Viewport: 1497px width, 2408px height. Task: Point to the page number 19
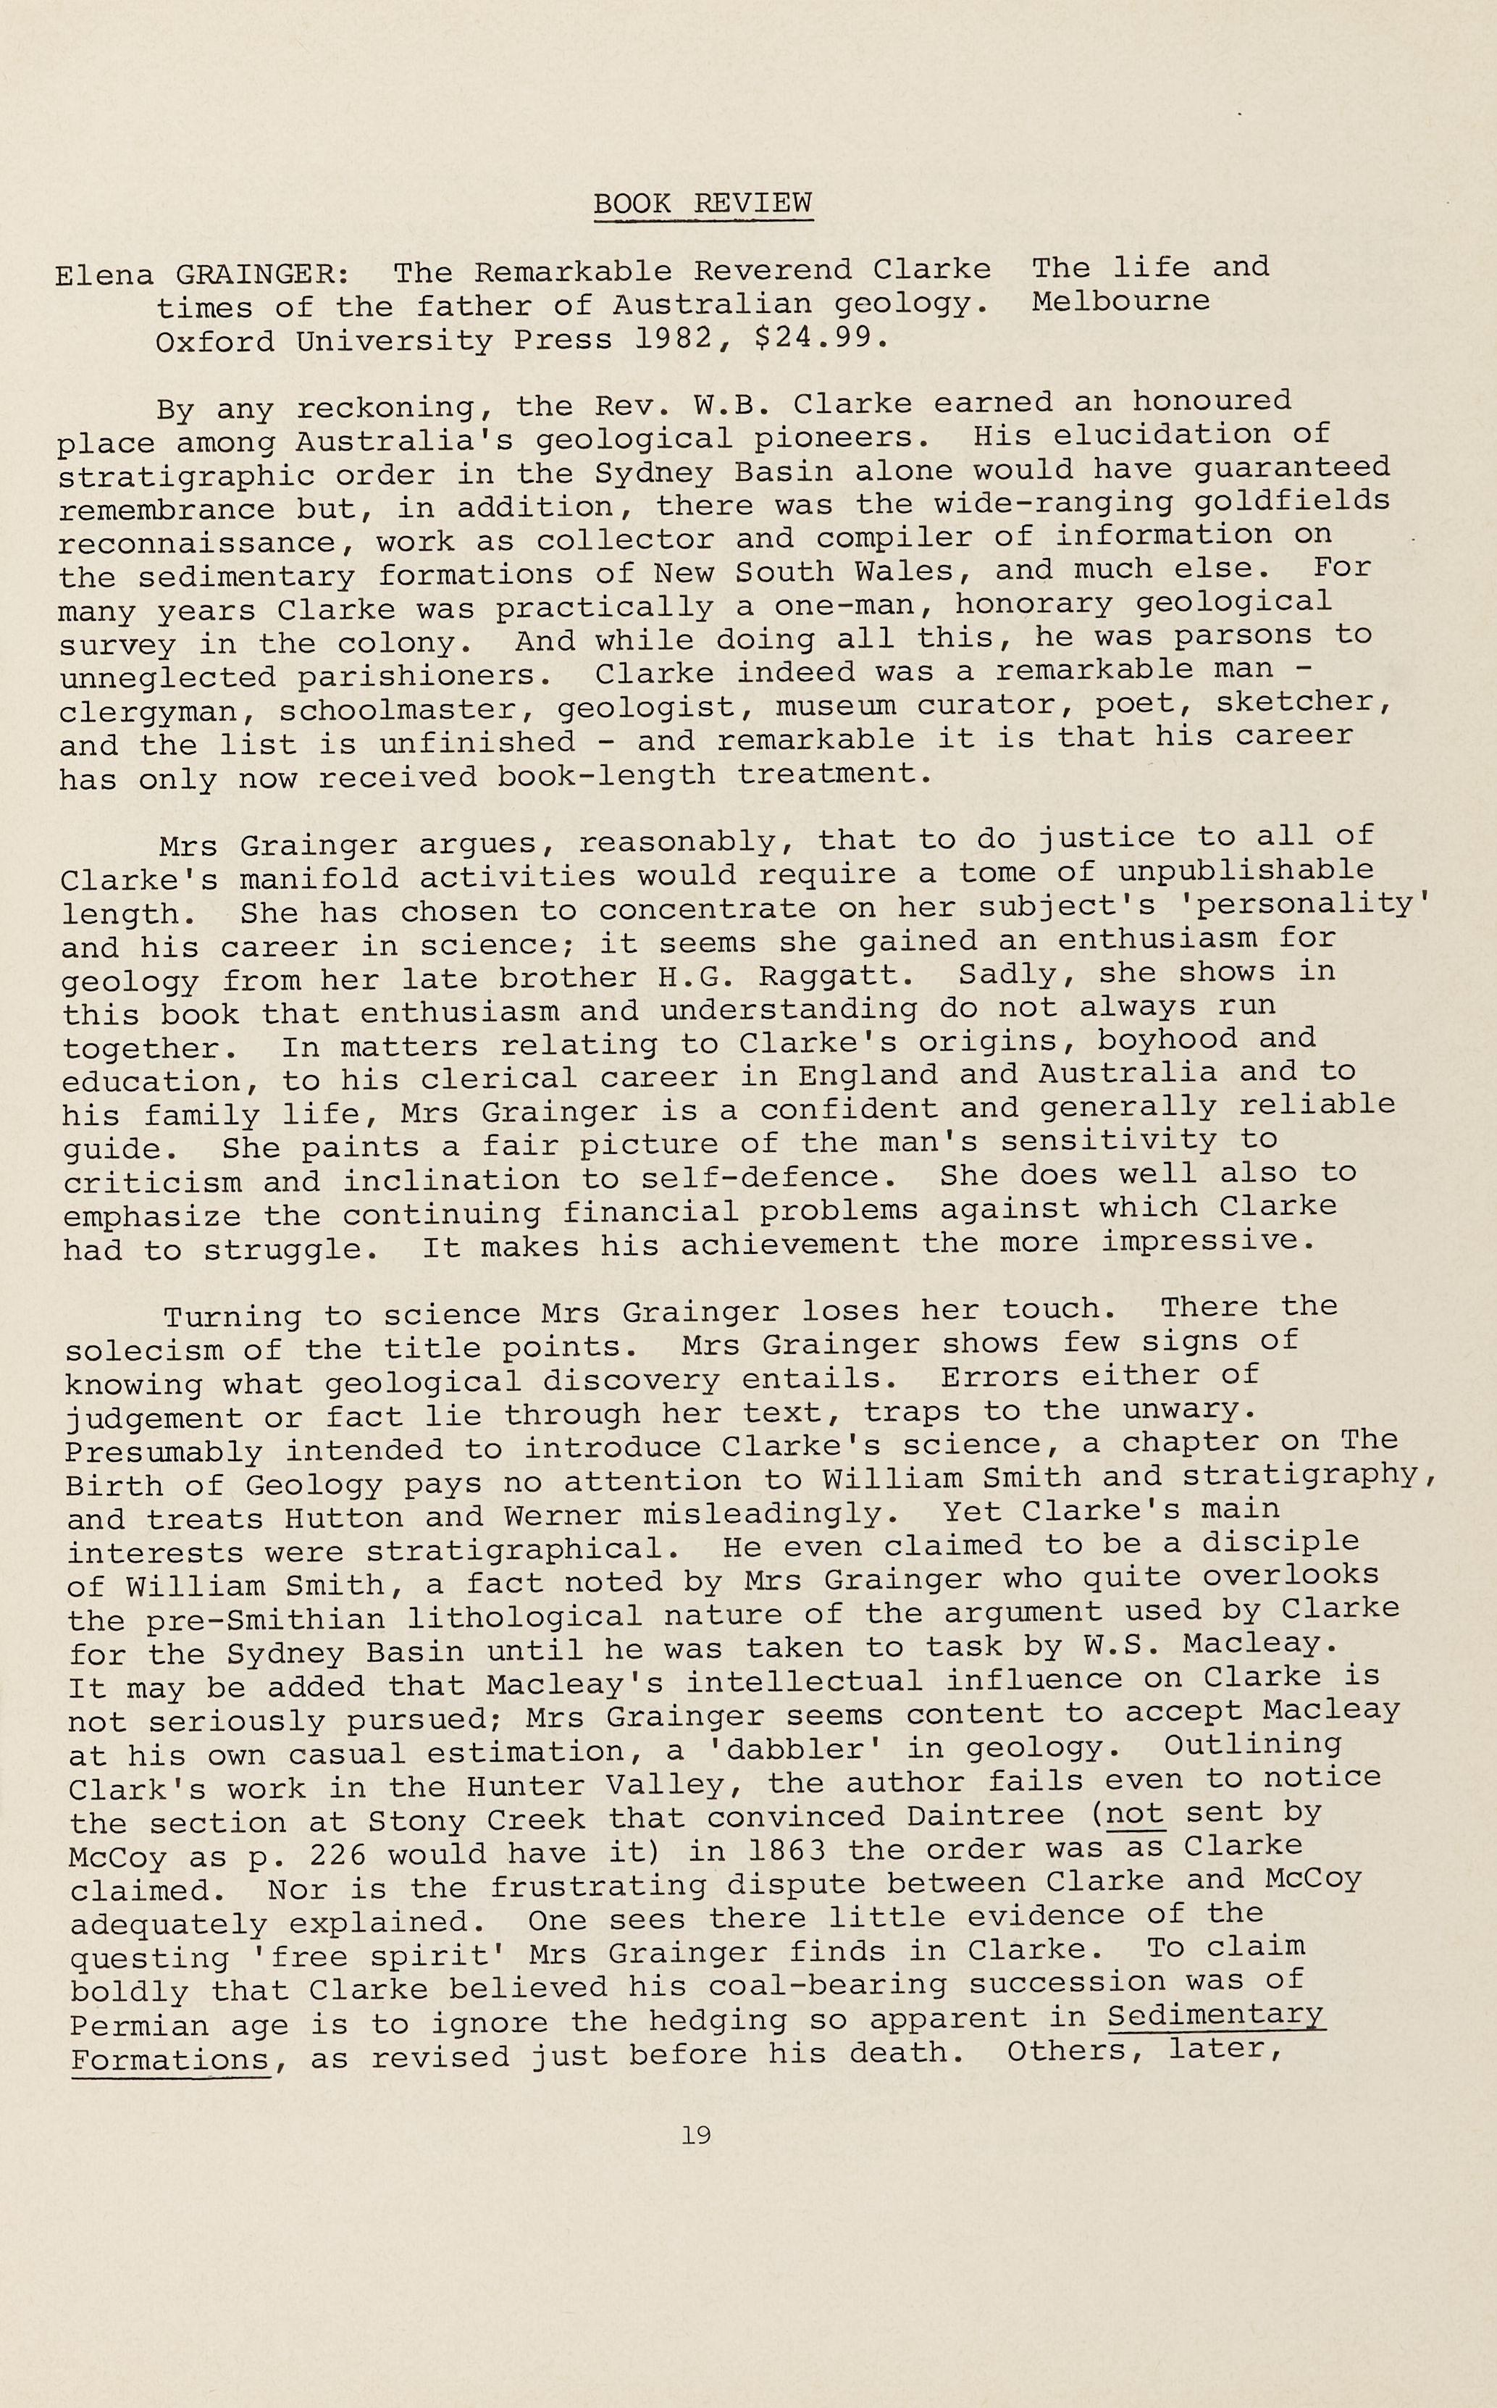(696, 2136)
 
